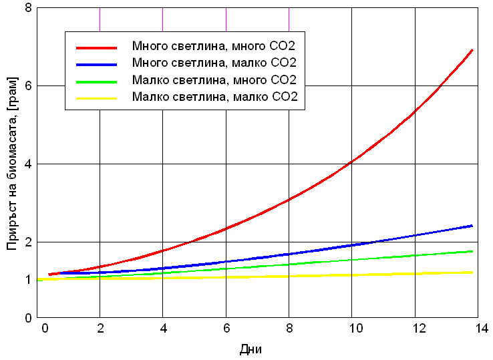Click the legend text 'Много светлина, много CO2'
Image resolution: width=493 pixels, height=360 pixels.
[x=214, y=47]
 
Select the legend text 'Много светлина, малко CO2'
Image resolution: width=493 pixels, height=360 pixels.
[x=214, y=63]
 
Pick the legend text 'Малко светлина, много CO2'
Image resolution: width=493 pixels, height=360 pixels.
[x=214, y=81]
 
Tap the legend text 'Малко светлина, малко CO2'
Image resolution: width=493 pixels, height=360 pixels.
[x=214, y=98]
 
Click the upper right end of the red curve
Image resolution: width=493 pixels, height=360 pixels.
[x=472, y=50]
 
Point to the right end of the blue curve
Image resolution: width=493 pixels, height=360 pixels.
[x=472, y=226]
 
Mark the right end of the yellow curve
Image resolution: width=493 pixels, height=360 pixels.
[x=472, y=272]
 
